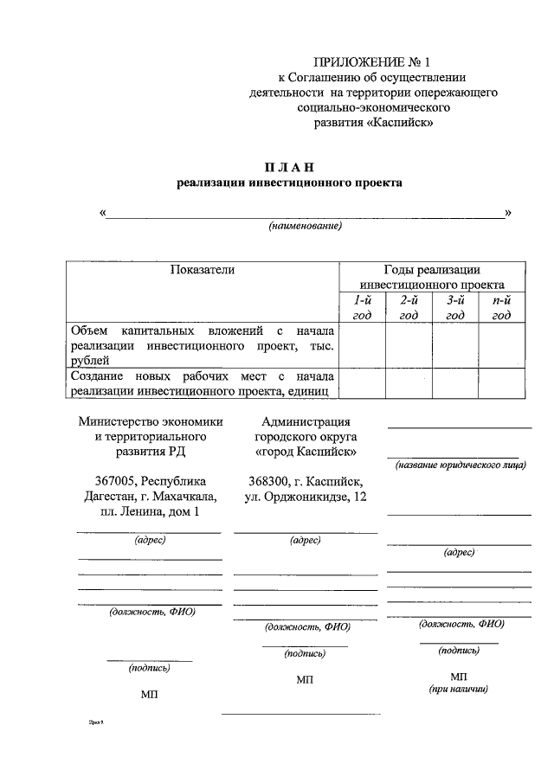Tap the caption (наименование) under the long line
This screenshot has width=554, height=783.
306,226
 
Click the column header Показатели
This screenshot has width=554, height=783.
202,270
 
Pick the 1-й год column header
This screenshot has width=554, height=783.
361,307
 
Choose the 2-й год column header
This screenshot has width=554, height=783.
409,307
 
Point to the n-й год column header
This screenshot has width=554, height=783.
501,307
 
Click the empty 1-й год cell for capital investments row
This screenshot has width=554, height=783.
361,344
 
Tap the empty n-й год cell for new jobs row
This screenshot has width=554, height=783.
501,383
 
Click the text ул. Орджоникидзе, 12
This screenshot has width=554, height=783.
306,497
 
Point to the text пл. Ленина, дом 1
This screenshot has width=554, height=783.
150,512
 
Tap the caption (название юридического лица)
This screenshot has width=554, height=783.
461,465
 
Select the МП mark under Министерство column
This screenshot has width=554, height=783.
149,694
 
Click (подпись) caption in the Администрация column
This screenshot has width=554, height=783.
305,654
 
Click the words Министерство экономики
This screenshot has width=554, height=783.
150,421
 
